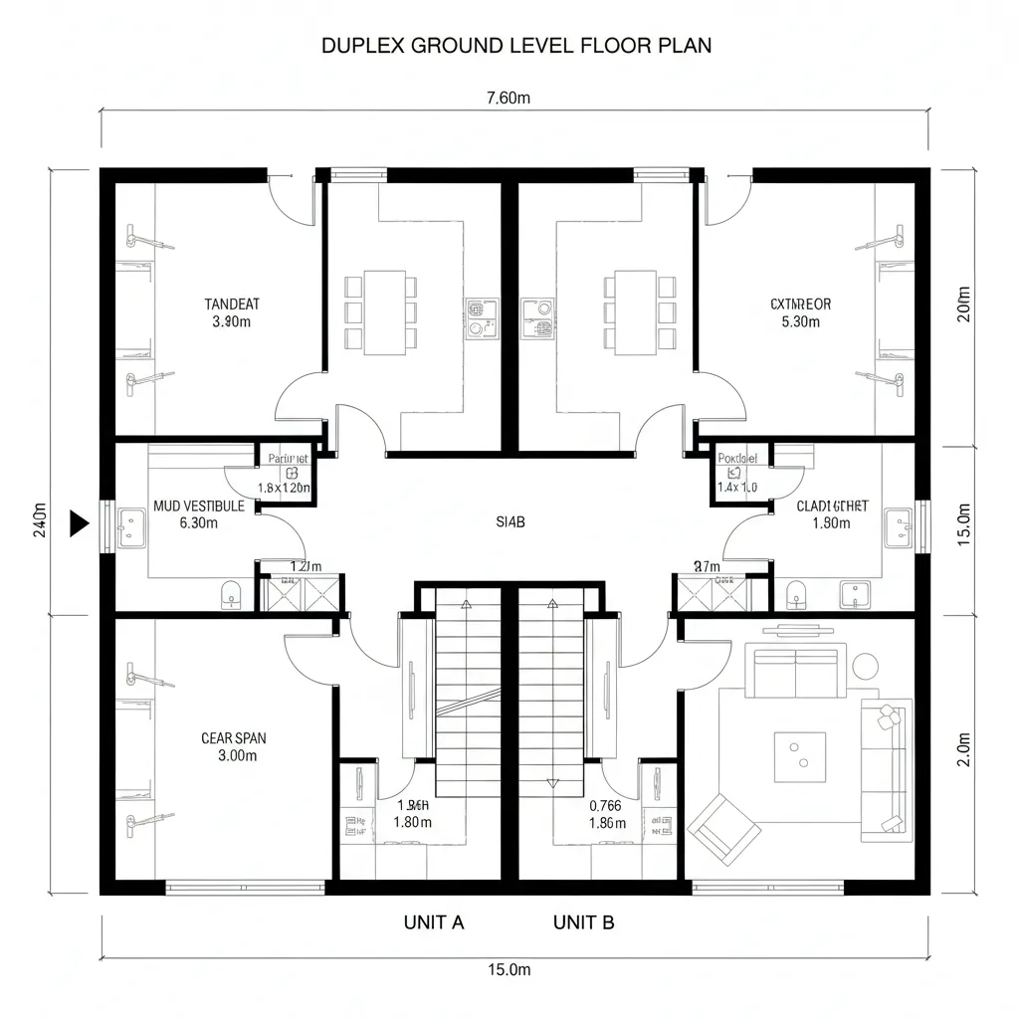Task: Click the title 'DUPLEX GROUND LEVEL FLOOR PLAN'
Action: [515, 46]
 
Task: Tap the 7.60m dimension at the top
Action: [509, 98]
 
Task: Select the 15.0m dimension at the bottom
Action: [509, 969]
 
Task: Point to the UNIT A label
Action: [434, 922]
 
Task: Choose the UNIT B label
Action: [583, 922]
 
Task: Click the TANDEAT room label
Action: [232, 305]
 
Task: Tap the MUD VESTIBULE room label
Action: [199, 506]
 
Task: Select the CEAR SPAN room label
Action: [233, 738]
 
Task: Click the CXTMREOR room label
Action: [800, 305]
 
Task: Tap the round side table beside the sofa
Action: [865, 665]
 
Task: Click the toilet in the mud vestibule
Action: [231, 596]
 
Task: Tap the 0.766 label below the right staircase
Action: [605, 806]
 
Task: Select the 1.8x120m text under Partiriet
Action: [284, 489]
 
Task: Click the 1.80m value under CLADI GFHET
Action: [832, 523]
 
